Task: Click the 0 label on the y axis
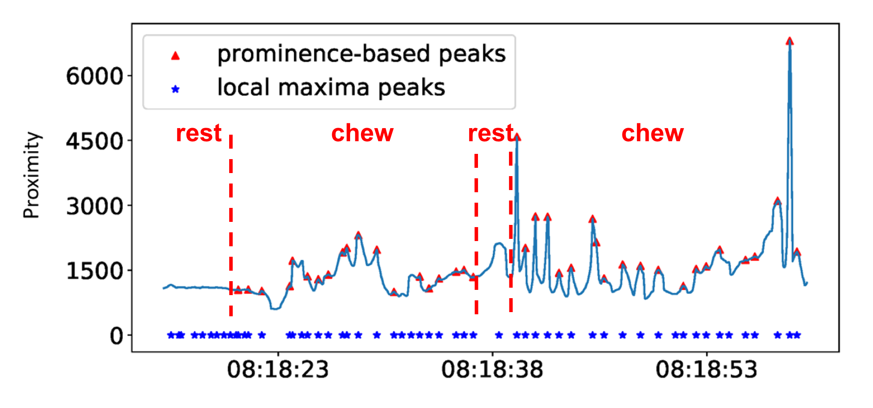[x=117, y=336]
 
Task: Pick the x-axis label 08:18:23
[x=278, y=370]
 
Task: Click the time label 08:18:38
[x=492, y=370]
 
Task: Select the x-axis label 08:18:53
[x=707, y=370]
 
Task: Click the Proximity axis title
[x=31, y=175]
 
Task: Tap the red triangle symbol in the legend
[x=175, y=55]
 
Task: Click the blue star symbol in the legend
[x=175, y=89]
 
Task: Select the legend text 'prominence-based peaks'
[x=361, y=54]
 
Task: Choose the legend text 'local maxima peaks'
[x=331, y=88]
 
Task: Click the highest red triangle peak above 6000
[x=790, y=41]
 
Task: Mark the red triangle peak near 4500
[x=517, y=137]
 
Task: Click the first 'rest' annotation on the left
[x=199, y=133]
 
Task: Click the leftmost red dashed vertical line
[x=231, y=225]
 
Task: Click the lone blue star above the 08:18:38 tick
[x=499, y=335]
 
